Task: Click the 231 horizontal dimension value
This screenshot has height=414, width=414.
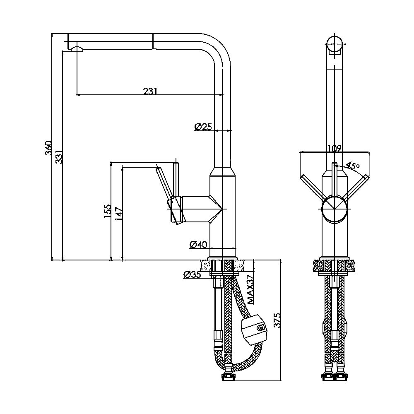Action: coord(150,91)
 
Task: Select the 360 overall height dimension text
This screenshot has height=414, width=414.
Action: coord(48,148)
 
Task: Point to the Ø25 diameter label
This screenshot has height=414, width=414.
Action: coord(203,127)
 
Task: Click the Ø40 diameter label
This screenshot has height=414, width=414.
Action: coord(198,245)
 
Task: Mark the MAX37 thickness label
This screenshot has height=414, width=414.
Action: coord(250,289)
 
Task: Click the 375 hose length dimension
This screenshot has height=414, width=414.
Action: coord(277,320)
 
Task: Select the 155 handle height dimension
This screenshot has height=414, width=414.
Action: coord(108,211)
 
